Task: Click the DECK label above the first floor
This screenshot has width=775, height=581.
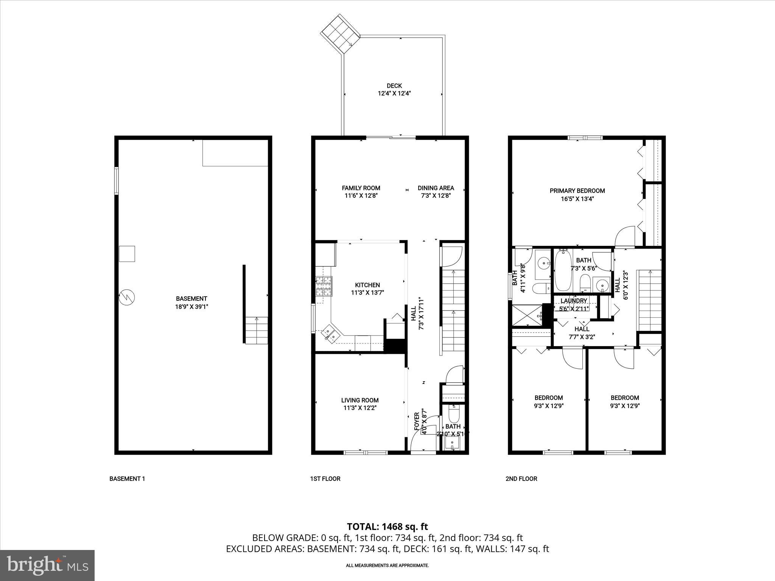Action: (394, 86)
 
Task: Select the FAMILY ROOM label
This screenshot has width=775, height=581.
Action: (361, 188)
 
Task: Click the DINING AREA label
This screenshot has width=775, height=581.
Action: (436, 188)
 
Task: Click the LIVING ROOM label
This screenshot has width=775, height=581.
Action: (359, 400)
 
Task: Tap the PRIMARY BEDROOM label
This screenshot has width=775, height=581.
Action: (577, 191)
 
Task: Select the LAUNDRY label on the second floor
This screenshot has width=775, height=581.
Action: (574, 301)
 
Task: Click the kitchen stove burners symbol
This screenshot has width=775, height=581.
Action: (324, 286)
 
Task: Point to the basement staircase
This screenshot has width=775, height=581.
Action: (257, 330)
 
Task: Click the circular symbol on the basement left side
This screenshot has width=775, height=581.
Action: (127, 297)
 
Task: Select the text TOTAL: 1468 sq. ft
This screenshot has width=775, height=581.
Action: (387, 526)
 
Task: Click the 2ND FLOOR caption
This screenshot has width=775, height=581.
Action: (521, 478)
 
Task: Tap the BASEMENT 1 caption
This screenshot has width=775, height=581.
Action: (127, 478)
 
